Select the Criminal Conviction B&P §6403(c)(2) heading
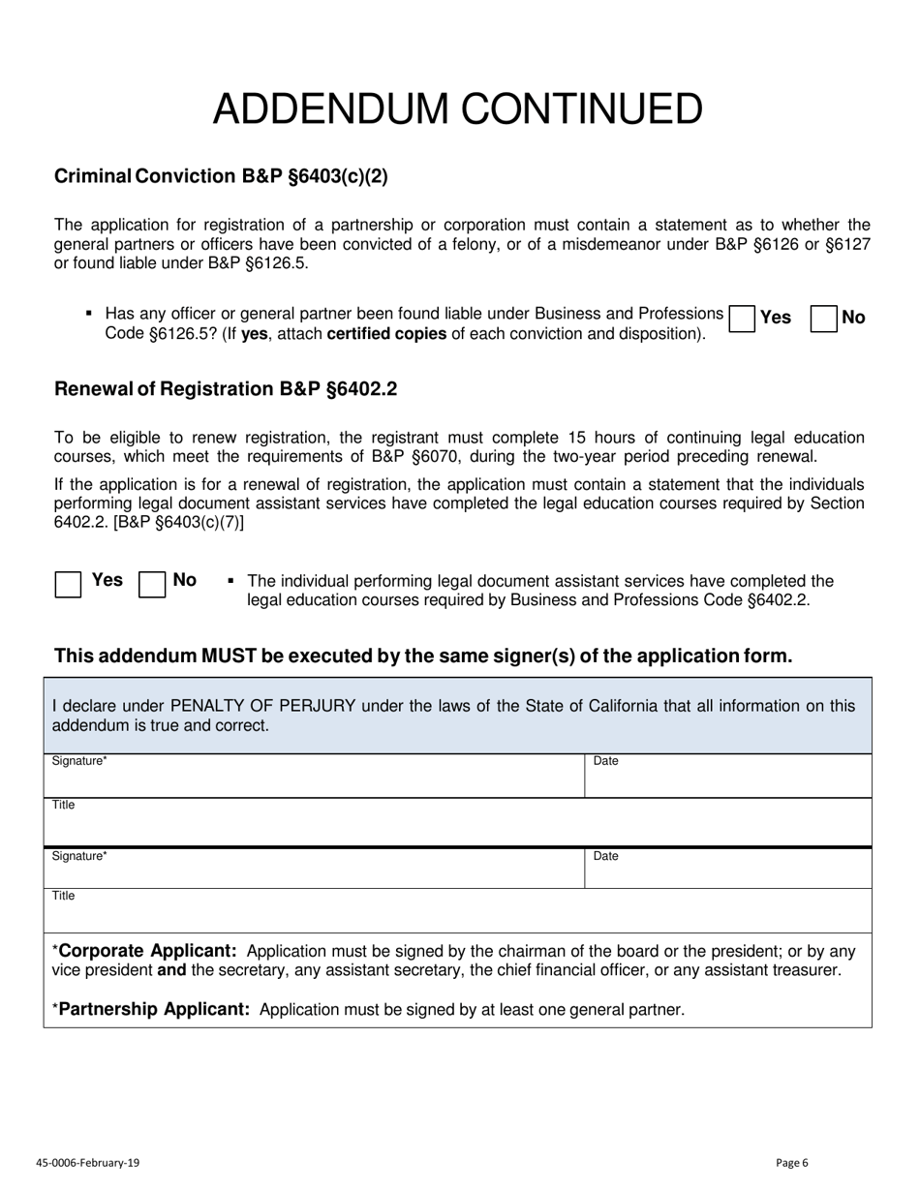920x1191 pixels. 221,176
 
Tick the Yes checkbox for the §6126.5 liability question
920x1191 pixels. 742,319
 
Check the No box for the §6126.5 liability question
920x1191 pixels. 823,319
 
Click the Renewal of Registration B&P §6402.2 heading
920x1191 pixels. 225,389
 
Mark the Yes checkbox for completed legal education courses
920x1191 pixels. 68,585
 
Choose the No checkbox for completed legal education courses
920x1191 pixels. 152,585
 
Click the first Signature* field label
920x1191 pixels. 78,761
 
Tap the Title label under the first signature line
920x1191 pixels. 63,806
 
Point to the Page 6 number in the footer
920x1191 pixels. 791,1163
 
